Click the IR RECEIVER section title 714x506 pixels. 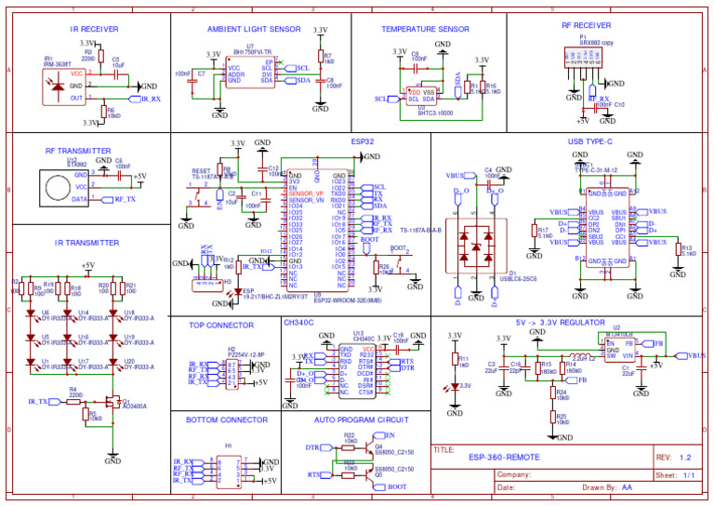(x=94, y=29)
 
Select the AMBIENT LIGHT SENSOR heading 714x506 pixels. (x=242, y=29)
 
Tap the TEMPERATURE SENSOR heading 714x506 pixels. (x=425, y=29)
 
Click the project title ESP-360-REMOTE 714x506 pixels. (x=503, y=458)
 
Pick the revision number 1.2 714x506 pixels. (x=686, y=458)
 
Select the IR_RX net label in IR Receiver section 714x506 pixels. (x=151, y=99)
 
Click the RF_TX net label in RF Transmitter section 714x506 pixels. (x=124, y=199)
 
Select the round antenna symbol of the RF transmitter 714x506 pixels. (x=56, y=188)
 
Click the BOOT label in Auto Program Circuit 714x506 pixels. (x=397, y=486)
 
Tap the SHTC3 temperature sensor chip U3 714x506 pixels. (x=422, y=97)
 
